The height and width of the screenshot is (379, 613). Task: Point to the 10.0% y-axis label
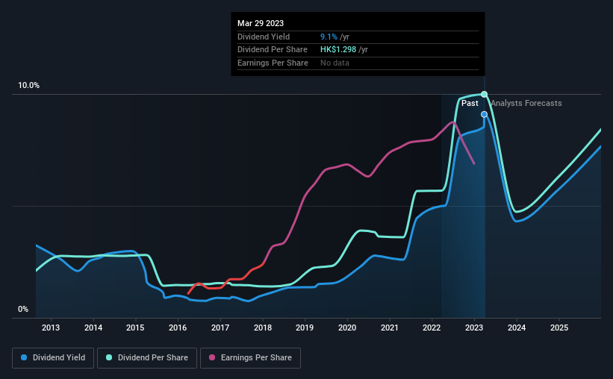[x=29, y=86]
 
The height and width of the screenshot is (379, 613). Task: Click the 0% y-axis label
[x=23, y=310]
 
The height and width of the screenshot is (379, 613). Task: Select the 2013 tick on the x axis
[x=51, y=328]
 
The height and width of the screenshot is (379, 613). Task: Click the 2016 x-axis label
[x=178, y=328]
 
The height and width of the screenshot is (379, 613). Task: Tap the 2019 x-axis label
[x=305, y=328]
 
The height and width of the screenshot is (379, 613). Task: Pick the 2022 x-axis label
[x=432, y=328]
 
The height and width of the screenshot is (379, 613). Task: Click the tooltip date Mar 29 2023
[x=261, y=24]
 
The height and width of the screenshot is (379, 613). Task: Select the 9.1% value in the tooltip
[x=329, y=37]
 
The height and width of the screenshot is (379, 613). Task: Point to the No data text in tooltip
[x=334, y=63]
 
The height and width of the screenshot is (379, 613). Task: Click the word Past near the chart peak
[x=470, y=103]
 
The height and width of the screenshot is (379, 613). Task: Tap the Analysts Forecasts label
[x=526, y=103]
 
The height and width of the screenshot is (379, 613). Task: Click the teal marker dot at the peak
[x=485, y=94]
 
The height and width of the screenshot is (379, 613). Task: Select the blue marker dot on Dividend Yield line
[x=485, y=114]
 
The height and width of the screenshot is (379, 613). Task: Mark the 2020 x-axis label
[x=347, y=328]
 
